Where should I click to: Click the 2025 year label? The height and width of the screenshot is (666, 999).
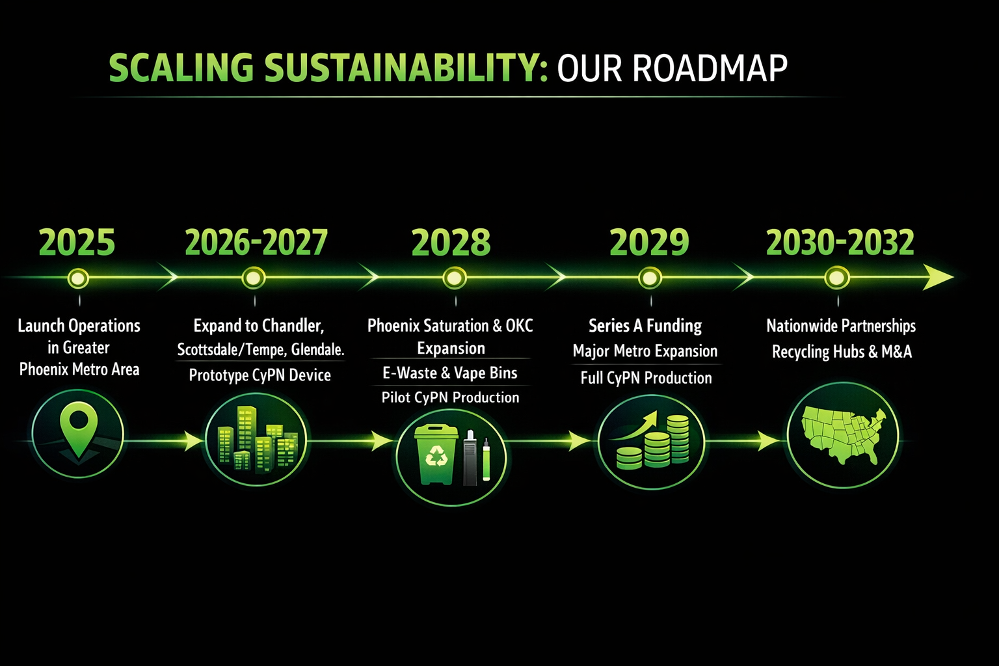77,243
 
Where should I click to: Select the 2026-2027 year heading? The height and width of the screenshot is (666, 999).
256,243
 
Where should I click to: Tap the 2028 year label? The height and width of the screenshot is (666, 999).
451,243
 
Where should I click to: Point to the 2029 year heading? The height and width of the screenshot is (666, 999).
649,243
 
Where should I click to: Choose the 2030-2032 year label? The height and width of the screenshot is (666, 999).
840,243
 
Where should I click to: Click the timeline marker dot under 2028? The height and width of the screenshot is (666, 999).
454,278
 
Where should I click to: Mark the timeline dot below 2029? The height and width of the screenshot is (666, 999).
650,278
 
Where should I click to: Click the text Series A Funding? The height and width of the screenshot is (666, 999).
645,325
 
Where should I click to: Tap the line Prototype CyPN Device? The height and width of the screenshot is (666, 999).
260,375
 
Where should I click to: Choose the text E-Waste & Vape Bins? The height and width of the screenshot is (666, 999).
450,373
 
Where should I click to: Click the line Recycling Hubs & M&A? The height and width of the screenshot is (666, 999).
842,352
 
